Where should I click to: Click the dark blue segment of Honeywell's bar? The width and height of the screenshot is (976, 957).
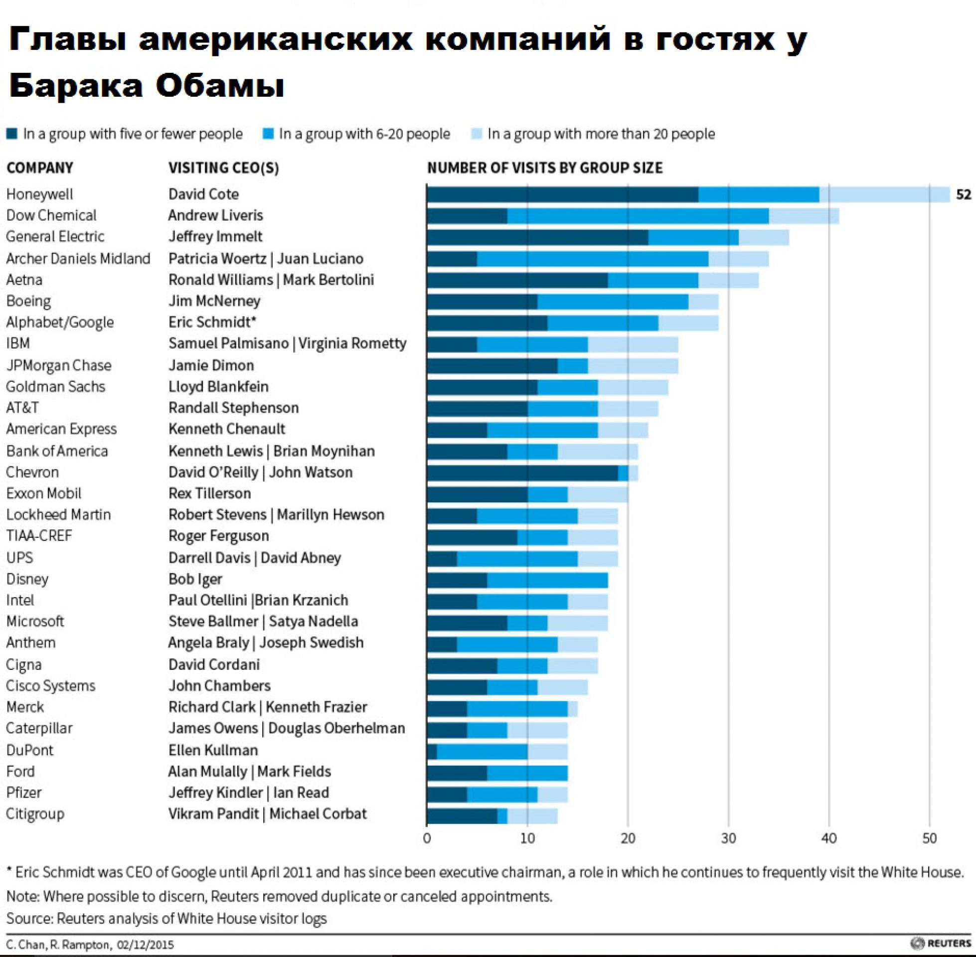click(562, 194)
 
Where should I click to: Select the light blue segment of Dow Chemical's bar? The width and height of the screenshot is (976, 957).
click(803, 216)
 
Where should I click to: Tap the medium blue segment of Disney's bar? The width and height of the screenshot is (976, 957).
click(547, 580)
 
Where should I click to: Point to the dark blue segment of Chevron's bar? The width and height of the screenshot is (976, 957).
click(522, 473)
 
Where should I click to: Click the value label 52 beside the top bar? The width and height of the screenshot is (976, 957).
click(963, 194)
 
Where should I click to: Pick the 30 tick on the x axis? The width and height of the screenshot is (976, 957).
click(728, 838)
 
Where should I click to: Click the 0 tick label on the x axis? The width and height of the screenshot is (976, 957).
click(427, 838)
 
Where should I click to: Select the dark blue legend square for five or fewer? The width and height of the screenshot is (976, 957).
click(11, 134)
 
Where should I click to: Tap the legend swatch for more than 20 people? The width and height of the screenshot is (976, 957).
click(476, 134)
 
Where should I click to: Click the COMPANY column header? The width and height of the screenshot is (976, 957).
click(40, 168)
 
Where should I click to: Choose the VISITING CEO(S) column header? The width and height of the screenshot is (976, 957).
click(223, 168)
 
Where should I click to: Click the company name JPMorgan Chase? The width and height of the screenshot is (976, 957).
click(58, 365)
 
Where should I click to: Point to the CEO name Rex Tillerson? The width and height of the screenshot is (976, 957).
click(209, 493)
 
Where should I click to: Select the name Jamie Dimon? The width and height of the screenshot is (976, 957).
click(210, 365)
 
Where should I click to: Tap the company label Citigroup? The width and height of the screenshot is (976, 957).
click(35, 814)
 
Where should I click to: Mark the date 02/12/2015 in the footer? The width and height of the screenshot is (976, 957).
click(145, 945)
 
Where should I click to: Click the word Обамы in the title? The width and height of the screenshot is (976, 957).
click(220, 85)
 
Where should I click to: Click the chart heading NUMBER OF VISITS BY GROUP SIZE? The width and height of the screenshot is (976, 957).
click(544, 168)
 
